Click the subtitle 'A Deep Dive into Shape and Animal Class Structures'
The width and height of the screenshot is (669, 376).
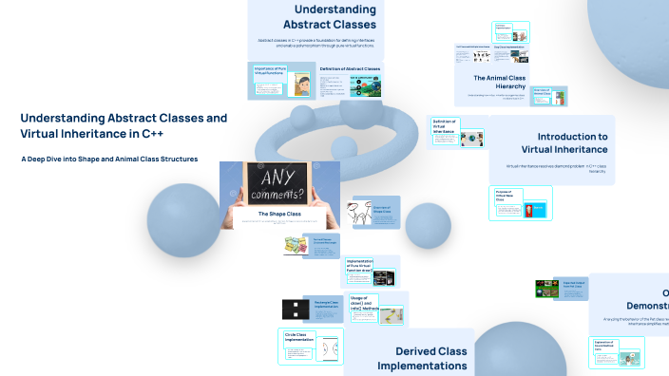point(109,159)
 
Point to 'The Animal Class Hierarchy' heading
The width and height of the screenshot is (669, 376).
point(499,82)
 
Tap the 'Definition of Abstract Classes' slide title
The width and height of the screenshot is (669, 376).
point(350,69)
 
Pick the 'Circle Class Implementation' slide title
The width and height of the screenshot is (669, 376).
point(299,337)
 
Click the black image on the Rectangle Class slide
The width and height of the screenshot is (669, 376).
point(293,309)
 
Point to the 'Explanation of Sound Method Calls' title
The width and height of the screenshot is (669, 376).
point(602,344)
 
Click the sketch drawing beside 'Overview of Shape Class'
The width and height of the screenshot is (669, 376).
point(360,216)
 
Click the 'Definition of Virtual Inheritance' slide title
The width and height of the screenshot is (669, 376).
point(445,127)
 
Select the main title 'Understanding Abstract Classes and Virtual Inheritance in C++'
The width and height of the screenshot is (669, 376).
point(124,126)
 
